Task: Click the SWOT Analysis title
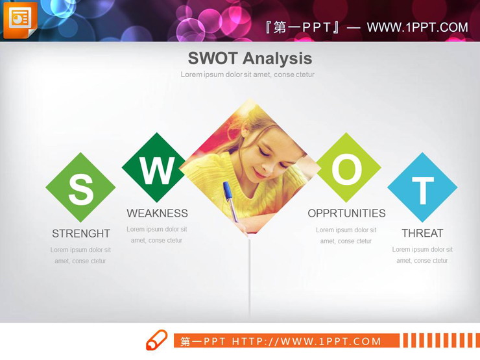click(250, 58)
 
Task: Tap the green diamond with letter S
click(80, 188)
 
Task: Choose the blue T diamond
click(422, 188)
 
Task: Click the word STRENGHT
click(81, 234)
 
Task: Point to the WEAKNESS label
click(157, 213)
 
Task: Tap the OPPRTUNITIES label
click(346, 213)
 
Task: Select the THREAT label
click(422, 234)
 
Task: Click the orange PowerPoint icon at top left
click(20, 19)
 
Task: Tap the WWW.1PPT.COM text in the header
click(417, 27)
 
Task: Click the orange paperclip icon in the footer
click(156, 341)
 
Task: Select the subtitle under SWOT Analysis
click(247, 75)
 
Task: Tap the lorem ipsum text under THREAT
click(422, 255)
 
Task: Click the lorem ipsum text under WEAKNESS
click(157, 235)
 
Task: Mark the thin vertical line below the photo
click(250, 279)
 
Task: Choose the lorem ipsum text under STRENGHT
click(80, 255)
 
